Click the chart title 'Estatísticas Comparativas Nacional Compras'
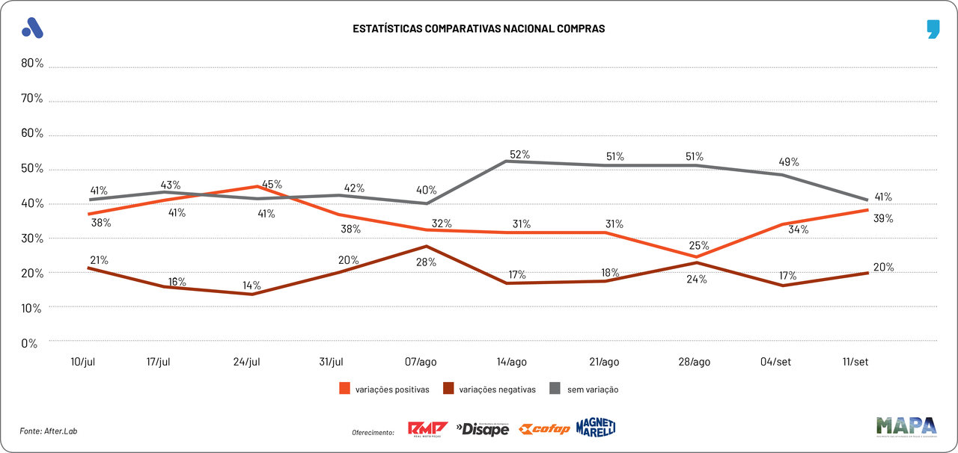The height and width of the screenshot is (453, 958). [x=479, y=28]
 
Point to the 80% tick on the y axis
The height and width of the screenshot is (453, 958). [x=32, y=64]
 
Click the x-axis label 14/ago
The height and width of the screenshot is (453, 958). [x=512, y=362]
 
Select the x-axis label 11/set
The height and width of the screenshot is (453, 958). [x=855, y=362]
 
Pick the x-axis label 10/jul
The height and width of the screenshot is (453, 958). [x=82, y=362]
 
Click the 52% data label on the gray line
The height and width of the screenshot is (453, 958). [x=519, y=155]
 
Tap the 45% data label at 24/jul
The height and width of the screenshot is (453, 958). [x=271, y=185]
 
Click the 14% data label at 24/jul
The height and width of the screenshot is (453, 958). [x=251, y=285]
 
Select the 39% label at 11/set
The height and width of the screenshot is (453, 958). [x=884, y=218]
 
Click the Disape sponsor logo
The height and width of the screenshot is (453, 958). [x=483, y=429]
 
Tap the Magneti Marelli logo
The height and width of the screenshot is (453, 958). [x=596, y=428]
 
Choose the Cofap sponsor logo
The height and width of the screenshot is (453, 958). [x=545, y=429]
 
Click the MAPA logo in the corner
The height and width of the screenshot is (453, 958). [x=906, y=426]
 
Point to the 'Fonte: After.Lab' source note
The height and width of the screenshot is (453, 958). [x=49, y=431]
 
